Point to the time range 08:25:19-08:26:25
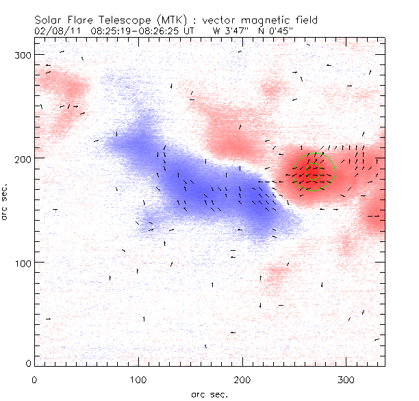(133, 31)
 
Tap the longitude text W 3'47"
(229, 31)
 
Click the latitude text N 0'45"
(269, 31)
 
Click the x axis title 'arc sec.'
(209, 393)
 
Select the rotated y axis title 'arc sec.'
(6, 202)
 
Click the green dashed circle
(314, 171)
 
